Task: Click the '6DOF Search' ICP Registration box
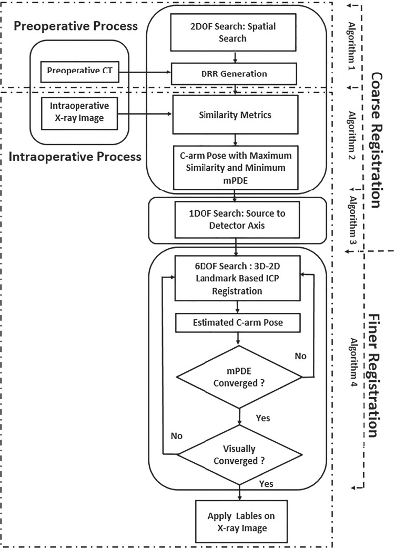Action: tap(238, 278)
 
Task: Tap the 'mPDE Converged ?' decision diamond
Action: tap(239, 376)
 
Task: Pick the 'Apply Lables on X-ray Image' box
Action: tap(239, 516)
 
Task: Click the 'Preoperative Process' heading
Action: tap(74, 26)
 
